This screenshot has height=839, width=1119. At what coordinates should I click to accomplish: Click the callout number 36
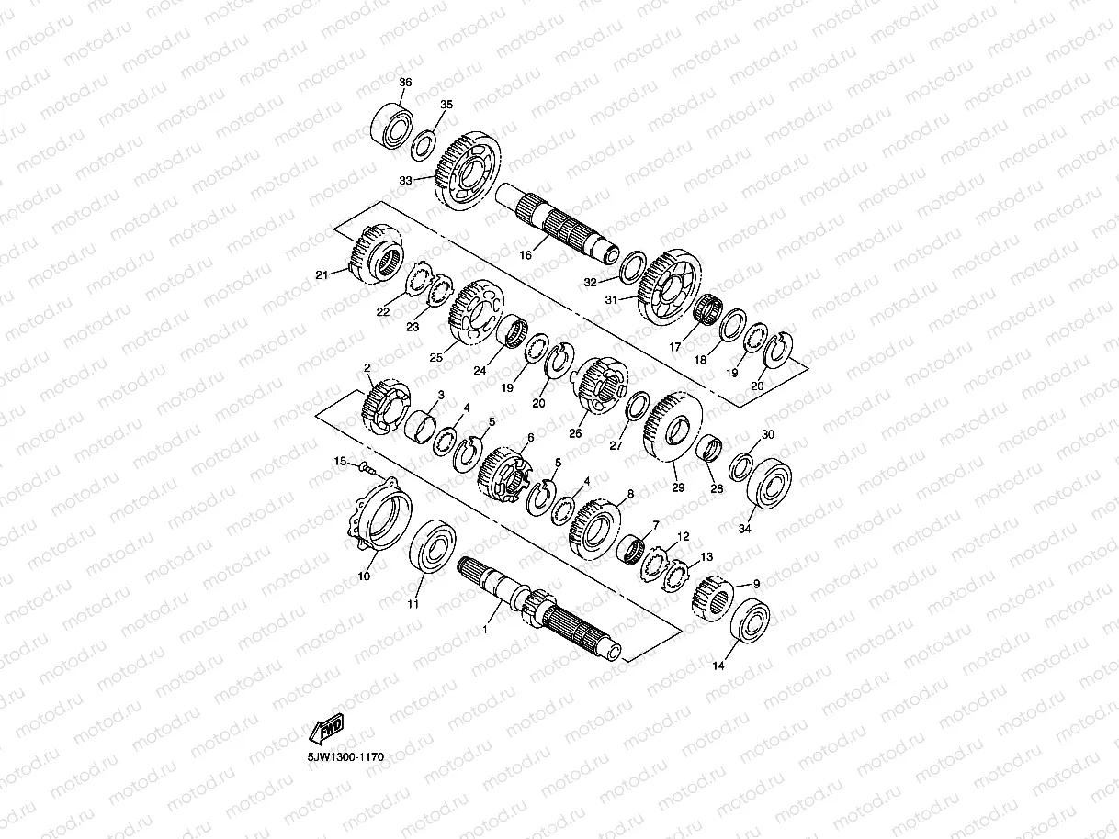click(x=405, y=82)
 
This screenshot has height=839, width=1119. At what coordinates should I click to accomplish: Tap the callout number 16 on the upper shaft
click(x=526, y=254)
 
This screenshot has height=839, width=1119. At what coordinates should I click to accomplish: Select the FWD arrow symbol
click(x=326, y=728)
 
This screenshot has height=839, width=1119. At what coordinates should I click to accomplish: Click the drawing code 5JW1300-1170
click(x=345, y=757)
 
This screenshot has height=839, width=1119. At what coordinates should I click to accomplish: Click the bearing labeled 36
click(x=392, y=127)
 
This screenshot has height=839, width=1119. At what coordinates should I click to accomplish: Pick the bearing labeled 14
click(x=751, y=621)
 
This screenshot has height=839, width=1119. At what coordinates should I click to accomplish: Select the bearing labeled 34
click(x=769, y=483)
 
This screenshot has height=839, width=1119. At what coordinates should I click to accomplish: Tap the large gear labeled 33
click(x=467, y=171)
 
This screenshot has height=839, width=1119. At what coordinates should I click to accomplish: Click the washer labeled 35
click(x=424, y=146)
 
